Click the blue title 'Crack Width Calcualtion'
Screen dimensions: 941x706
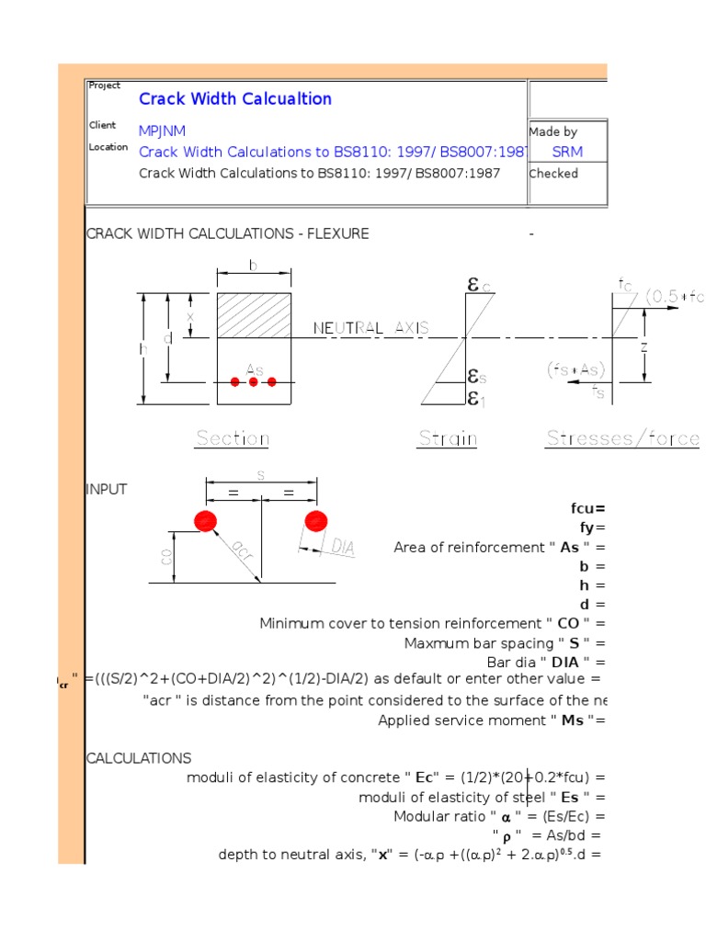click(234, 99)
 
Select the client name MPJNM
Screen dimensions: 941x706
click(163, 131)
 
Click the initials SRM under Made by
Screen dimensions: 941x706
click(566, 153)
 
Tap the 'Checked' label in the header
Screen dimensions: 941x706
click(553, 174)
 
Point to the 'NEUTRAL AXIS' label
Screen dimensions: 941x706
click(371, 328)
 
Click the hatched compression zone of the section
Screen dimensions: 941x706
click(254, 314)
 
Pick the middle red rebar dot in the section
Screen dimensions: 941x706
click(254, 381)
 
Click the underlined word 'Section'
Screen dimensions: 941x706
click(232, 438)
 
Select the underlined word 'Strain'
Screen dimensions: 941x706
click(448, 438)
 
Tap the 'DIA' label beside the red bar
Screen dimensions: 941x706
click(343, 548)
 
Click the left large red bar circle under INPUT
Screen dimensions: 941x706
click(205, 521)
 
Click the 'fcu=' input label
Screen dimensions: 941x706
click(588, 508)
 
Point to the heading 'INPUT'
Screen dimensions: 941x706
click(107, 490)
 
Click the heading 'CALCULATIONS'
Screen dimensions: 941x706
click(139, 758)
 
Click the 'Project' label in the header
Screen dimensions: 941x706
click(105, 85)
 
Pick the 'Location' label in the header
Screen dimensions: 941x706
click(108, 147)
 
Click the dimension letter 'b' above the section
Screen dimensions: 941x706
click(254, 266)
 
